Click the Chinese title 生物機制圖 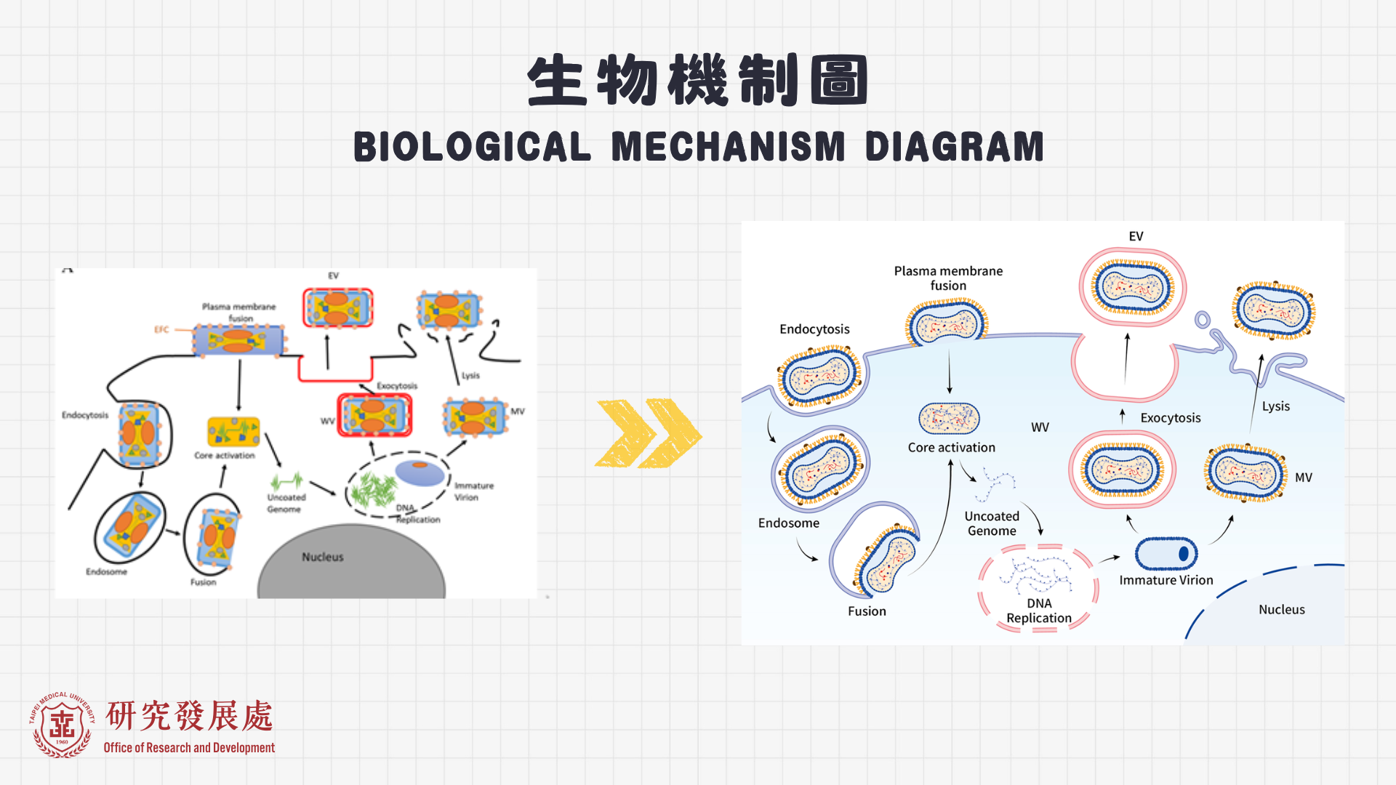(698, 80)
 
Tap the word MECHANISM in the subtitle (728, 147)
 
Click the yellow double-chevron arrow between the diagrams (648, 433)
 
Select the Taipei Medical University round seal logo (62, 725)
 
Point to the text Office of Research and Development (189, 747)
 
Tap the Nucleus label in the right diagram (1281, 610)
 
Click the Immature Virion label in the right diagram (1166, 580)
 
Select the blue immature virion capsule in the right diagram (1166, 554)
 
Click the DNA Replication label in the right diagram (1038, 611)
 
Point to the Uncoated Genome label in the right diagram (992, 523)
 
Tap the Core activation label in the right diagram (951, 448)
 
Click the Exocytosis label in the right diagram (1170, 418)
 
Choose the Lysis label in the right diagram (1275, 406)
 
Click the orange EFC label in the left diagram (161, 330)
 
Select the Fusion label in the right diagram (867, 611)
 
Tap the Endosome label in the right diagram (788, 523)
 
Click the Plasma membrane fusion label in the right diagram (948, 278)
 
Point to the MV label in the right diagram (1303, 478)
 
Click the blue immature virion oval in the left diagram (420, 472)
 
